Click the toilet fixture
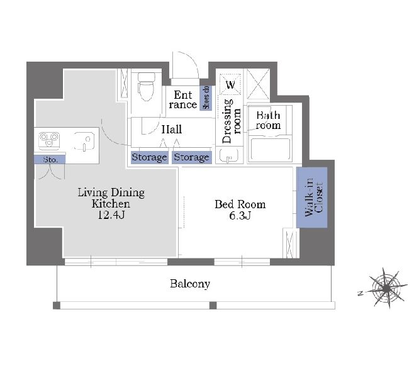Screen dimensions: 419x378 tap(146, 86)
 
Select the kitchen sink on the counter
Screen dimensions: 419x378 tap(84, 142)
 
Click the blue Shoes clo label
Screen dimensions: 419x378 tap(206, 97)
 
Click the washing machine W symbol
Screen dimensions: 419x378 tap(230, 84)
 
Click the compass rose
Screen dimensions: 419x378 tap(386, 289)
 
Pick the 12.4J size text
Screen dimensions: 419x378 tap(111, 214)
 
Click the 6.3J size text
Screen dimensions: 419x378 tap(240, 215)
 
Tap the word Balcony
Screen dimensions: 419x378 tap(190, 284)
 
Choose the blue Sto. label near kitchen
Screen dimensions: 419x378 tap(50, 160)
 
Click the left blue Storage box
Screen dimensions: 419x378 tap(149, 157)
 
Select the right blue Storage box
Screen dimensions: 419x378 tap(192, 157)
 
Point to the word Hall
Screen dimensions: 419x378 tap(172, 130)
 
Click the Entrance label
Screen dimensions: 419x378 tap(183, 99)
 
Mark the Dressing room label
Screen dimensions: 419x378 tap(232, 121)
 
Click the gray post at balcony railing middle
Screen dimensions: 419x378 tap(213, 305)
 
